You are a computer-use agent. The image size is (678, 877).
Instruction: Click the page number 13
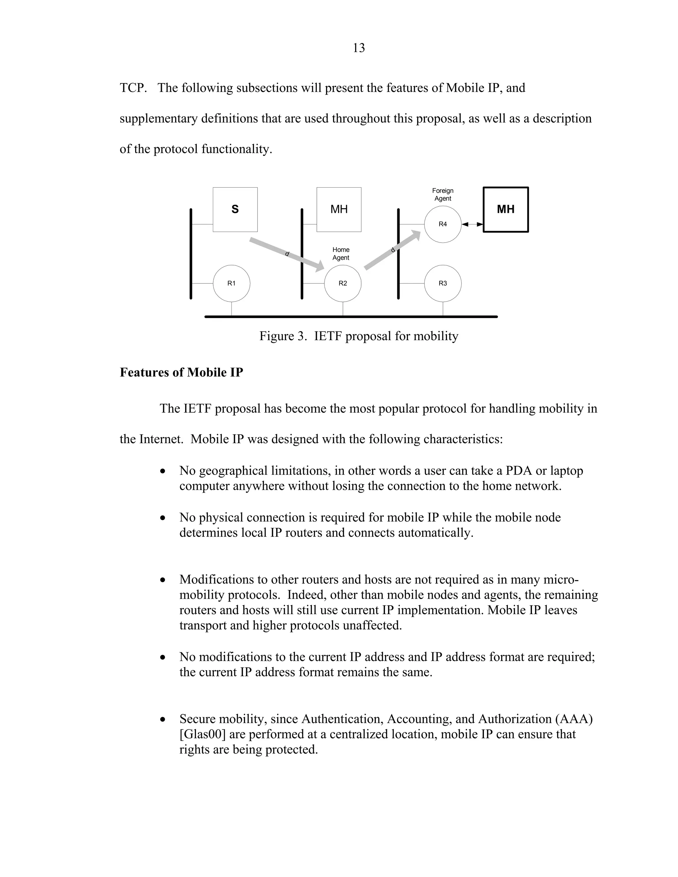(x=359, y=48)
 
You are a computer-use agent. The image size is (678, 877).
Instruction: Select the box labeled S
(x=235, y=209)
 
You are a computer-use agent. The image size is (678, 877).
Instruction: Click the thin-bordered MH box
(x=339, y=209)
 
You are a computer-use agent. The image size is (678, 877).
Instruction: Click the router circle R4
(x=443, y=224)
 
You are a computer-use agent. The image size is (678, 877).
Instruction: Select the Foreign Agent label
(x=443, y=195)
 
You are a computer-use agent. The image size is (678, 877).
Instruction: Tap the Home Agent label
(x=341, y=254)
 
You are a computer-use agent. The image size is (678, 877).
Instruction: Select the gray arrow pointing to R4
(x=392, y=250)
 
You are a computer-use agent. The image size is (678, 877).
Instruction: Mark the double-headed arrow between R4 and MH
(x=472, y=224)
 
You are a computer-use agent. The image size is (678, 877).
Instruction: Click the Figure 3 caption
(x=359, y=336)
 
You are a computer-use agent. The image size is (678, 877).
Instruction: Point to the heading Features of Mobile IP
(x=181, y=372)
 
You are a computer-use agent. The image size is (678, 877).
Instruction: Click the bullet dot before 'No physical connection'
(x=162, y=518)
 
